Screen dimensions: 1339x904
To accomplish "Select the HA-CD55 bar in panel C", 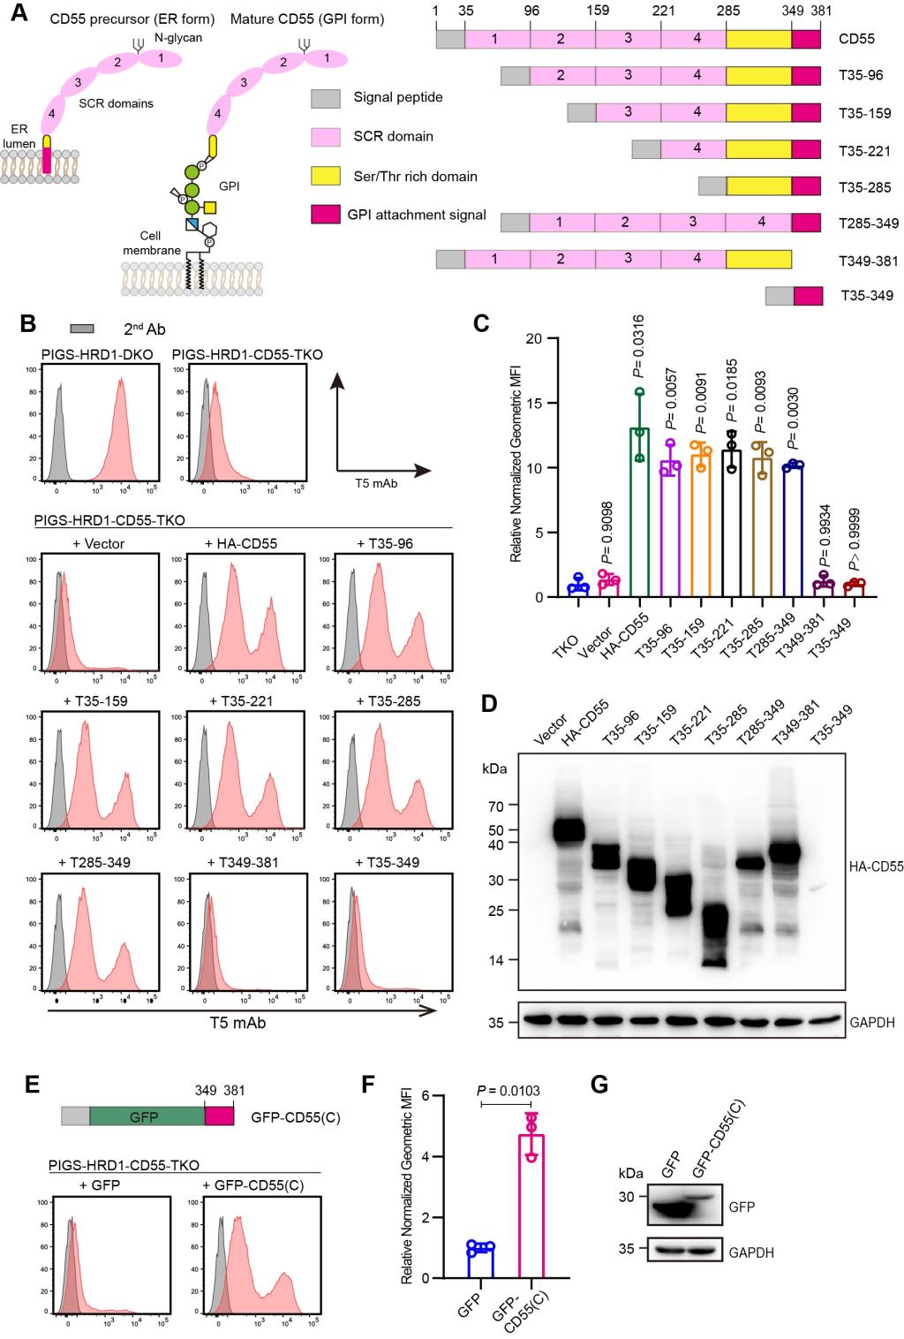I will tap(639, 512).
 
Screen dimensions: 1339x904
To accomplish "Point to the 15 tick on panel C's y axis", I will tap(535, 404).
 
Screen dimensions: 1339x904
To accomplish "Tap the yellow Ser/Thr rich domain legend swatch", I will tap(326, 176).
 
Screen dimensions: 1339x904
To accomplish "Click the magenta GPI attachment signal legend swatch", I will tap(326, 215).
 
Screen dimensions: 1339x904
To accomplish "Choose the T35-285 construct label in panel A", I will tap(865, 187).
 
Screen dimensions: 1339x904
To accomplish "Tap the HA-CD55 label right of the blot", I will tap(877, 866).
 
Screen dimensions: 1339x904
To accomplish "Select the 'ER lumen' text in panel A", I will tap(19, 136).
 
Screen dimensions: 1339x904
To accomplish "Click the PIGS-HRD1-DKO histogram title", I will tap(97, 354).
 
